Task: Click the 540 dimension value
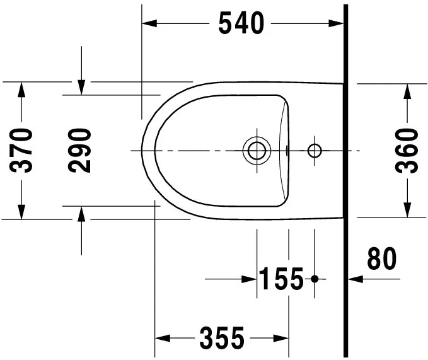[240, 23]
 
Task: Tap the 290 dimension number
[81, 150]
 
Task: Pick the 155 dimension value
[281, 278]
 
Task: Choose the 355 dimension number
[222, 339]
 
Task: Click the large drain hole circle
[257, 151]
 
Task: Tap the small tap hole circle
[314, 151]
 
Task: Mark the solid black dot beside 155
[315, 278]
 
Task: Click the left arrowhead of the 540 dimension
[149, 23]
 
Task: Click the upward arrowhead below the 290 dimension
[81, 214]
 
